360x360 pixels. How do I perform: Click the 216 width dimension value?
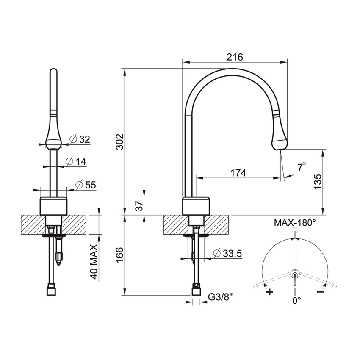click(234, 57)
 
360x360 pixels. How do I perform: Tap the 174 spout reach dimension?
click(238, 172)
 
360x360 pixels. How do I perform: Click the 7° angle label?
click(301, 166)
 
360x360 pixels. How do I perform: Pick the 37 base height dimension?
click(138, 206)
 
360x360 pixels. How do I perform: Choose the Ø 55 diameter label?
click(85, 185)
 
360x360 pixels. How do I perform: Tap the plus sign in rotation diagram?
click(269, 292)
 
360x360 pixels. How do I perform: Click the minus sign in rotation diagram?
click(321, 291)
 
